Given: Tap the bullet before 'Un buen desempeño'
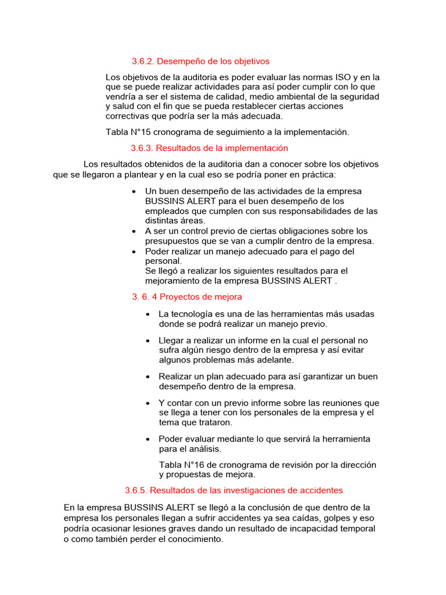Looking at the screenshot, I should [x=134, y=192].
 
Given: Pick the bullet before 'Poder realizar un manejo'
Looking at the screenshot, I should [x=134, y=252].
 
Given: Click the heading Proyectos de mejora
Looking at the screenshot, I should [x=201, y=297].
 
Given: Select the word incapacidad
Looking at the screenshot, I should [x=308, y=528].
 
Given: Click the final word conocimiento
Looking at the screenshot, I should [x=188, y=539].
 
